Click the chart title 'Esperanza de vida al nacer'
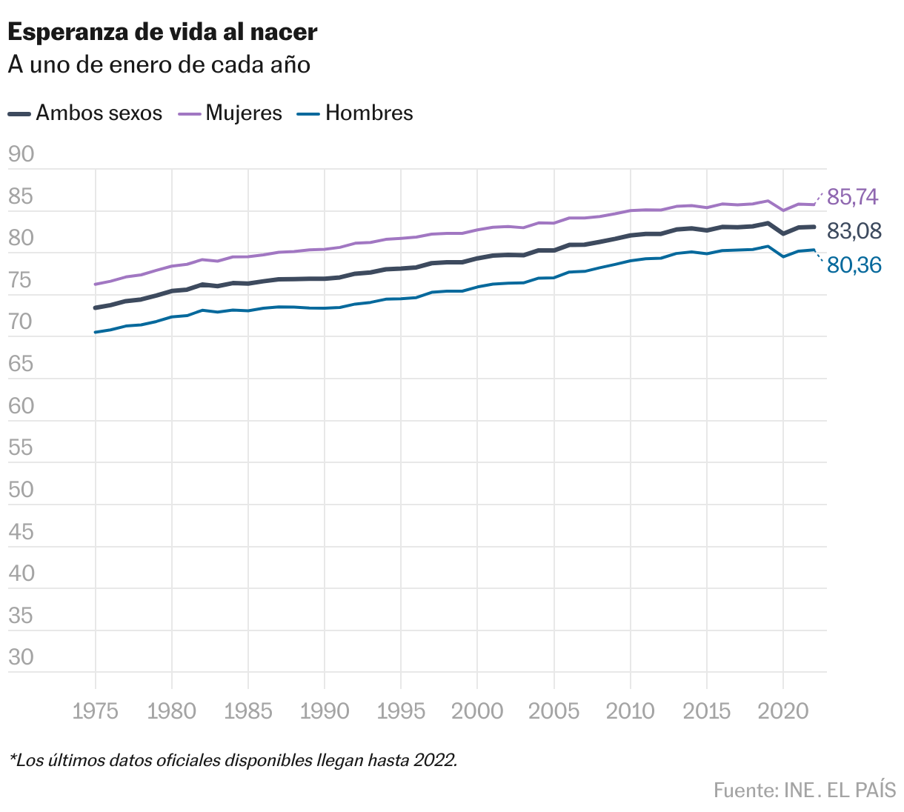[x=162, y=32]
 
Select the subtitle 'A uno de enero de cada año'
[x=159, y=65]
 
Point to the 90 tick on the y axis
[x=21, y=154]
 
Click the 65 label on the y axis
[x=21, y=364]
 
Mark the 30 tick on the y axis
[x=21, y=657]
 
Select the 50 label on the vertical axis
[x=21, y=490]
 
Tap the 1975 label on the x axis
[x=96, y=711]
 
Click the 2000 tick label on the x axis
[x=477, y=711]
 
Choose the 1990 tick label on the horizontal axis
[x=325, y=711]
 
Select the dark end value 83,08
[x=854, y=232]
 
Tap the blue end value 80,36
[x=854, y=265]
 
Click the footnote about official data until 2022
[x=233, y=761]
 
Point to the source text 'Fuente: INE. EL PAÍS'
[x=805, y=791]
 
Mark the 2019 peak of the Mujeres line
[x=768, y=201]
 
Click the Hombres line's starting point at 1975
[x=96, y=332]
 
